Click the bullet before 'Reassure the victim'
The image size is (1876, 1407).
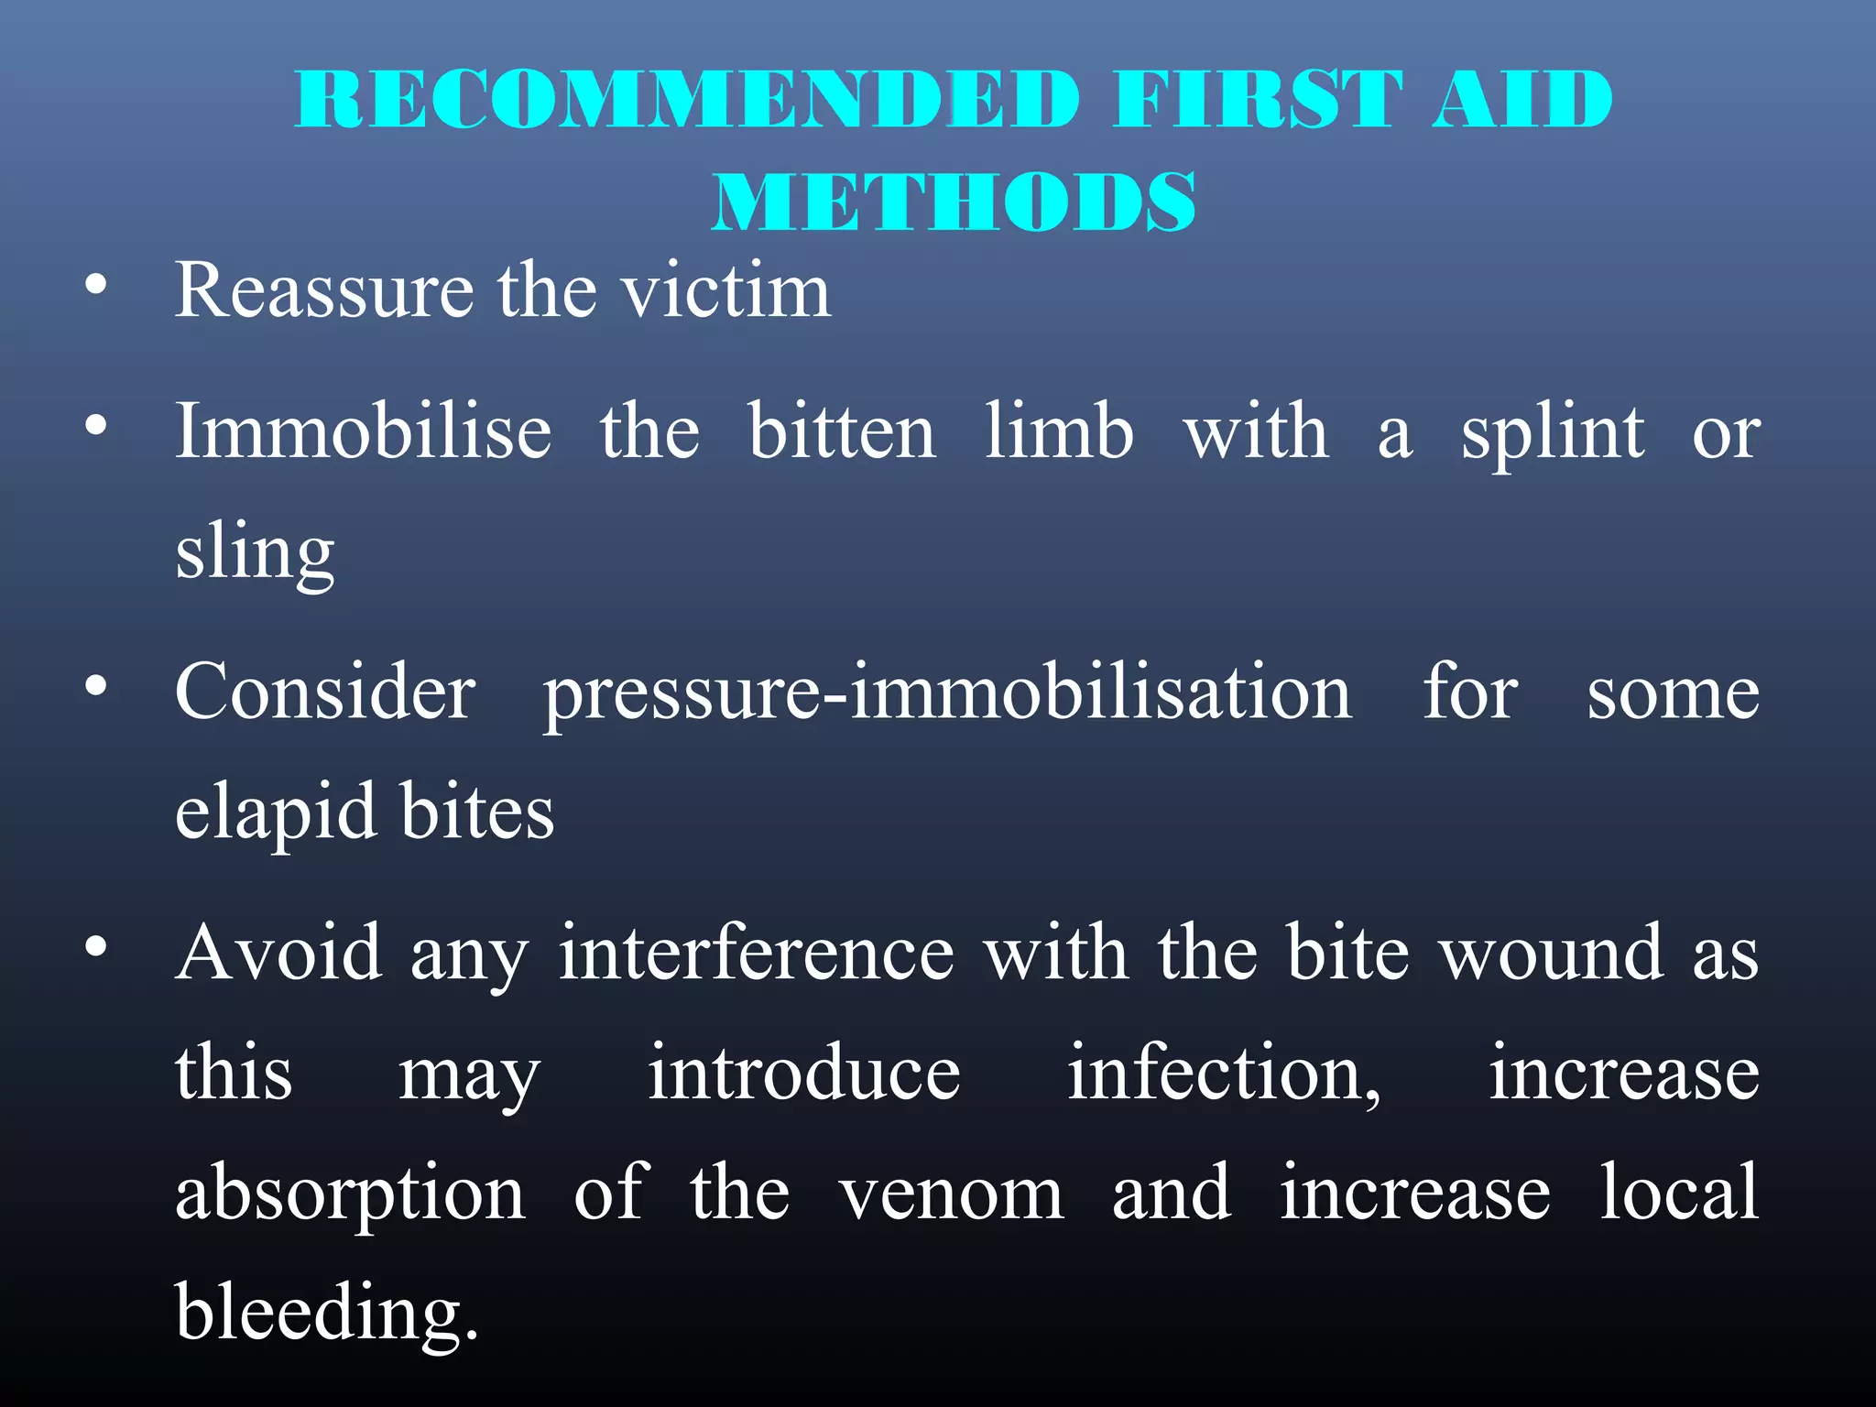[x=95, y=286]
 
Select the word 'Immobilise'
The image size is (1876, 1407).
[x=364, y=431]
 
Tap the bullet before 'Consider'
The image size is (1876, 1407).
[x=95, y=685]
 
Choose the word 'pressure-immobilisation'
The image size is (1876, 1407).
[x=947, y=694]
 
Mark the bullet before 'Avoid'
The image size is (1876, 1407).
[x=95, y=945]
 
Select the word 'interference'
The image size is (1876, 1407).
[x=757, y=953]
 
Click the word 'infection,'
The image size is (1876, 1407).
[x=1224, y=1074]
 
